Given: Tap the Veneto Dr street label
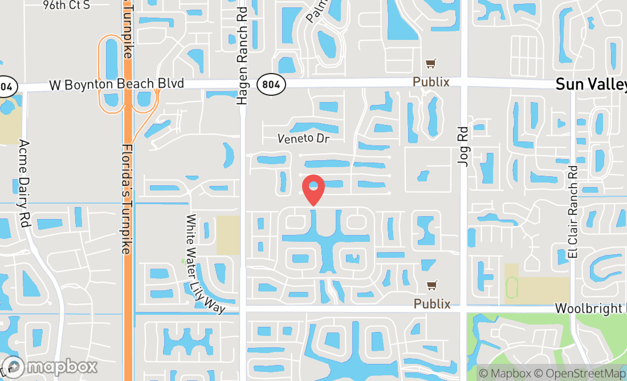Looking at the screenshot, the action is (304, 138).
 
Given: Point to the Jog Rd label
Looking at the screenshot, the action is (463, 146).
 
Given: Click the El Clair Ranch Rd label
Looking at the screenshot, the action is (573, 212).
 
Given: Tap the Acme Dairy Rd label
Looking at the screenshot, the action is (23, 184).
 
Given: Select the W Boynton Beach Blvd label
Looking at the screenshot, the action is (117, 84).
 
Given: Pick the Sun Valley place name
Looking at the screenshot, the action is (591, 85).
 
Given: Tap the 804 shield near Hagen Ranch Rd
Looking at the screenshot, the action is (271, 85).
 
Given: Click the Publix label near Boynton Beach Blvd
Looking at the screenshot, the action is (431, 82).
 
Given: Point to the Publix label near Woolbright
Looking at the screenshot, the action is (432, 304).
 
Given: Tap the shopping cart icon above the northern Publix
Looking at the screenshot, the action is (431, 64).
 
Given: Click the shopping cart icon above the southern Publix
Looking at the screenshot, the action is (432, 286).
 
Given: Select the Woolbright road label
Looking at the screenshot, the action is (591, 309).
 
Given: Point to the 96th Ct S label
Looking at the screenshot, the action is (66, 6).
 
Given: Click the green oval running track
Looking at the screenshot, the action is (512, 283).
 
